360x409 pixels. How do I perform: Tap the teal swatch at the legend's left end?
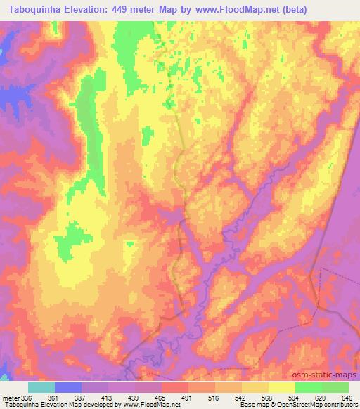(x=41, y=387)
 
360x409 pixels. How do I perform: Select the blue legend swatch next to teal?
(x=68, y=387)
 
